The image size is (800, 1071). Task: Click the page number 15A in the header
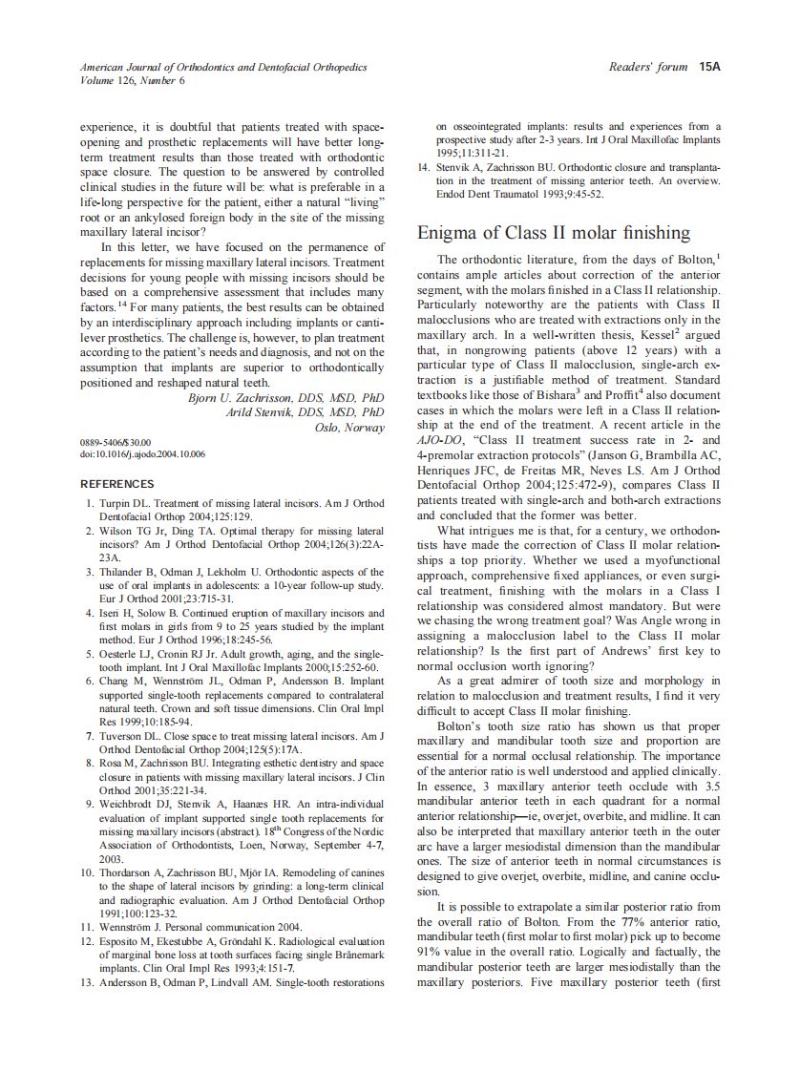[x=708, y=67]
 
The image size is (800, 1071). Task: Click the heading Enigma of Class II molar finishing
[x=554, y=233]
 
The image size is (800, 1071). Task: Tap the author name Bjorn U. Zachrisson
[x=258, y=398]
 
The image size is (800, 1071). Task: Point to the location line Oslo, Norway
[x=349, y=427]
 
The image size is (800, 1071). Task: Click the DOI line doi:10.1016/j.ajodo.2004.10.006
[x=142, y=454]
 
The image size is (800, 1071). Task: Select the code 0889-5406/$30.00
[x=116, y=443]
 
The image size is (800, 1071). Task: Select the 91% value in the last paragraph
[x=431, y=953]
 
